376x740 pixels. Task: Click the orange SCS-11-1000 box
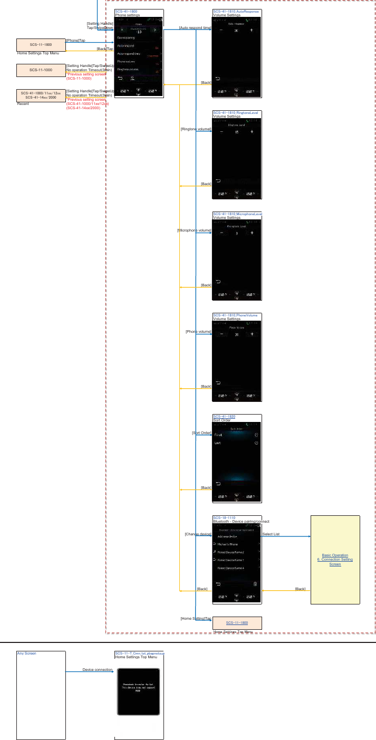41,70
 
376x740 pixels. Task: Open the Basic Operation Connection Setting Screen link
335,560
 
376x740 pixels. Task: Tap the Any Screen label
26,653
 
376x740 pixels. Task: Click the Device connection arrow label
97,670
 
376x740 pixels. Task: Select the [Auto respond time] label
195,27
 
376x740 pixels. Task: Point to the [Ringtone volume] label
196,129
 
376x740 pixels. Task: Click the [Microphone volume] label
194,230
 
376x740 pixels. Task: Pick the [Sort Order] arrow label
201,433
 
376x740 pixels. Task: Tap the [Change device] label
198,534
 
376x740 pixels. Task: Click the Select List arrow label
271,534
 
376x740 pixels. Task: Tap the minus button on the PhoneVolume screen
221,334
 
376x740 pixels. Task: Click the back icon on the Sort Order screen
218,484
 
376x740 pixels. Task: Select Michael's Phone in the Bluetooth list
228,544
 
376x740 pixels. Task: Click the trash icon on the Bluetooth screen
255,584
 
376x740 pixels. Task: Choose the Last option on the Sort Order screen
217,443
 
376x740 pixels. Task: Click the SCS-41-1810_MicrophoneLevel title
237,214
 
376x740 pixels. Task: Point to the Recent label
23,104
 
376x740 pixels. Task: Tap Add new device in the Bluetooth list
227,536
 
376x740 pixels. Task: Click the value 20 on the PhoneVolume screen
237,334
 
